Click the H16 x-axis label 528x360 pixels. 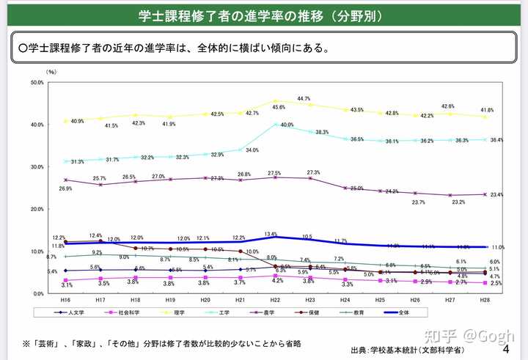click(66, 301)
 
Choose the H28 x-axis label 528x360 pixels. click(485, 301)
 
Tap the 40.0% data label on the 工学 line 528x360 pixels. click(287, 125)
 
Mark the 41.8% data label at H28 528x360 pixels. click(485, 110)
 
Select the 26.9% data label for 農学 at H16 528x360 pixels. click(65, 188)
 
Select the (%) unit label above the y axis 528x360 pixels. click(51, 72)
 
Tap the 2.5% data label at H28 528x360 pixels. click(496, 283)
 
